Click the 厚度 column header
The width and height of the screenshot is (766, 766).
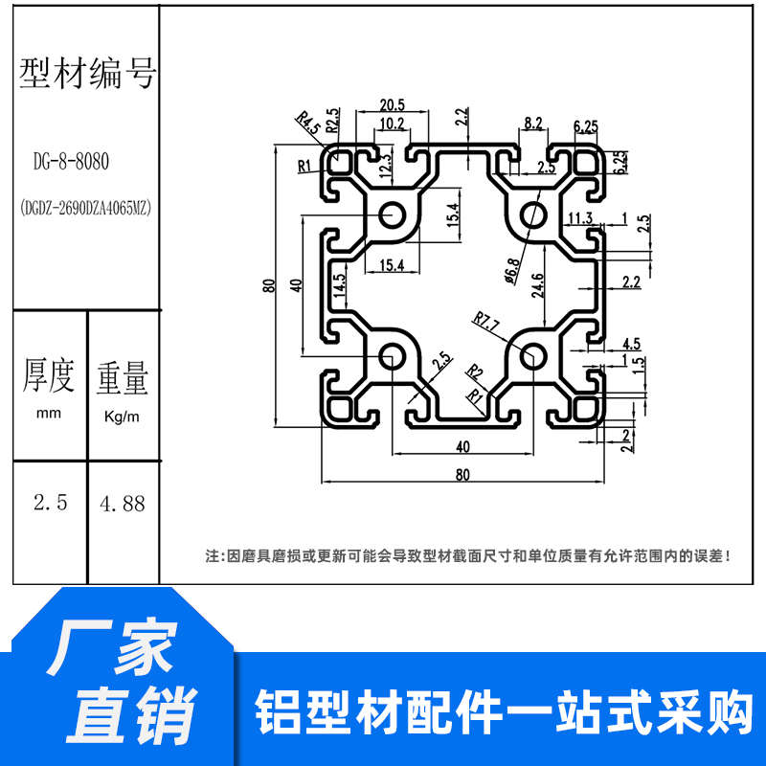click(x=49, y=376)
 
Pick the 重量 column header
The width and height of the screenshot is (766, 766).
click(x=122, y=376)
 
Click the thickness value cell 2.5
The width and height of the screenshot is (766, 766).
click(x=50, y=503)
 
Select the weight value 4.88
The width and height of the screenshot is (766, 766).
click(x=123, y=503)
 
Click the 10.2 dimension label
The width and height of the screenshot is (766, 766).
click(x=391, y=124)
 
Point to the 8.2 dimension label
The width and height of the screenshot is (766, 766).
click(x=533, y=123)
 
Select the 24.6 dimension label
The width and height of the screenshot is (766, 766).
click(x=538, y=285)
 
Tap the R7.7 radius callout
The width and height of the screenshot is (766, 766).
click(x=486, y=325)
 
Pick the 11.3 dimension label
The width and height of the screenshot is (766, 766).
click(x=579, y=217)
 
